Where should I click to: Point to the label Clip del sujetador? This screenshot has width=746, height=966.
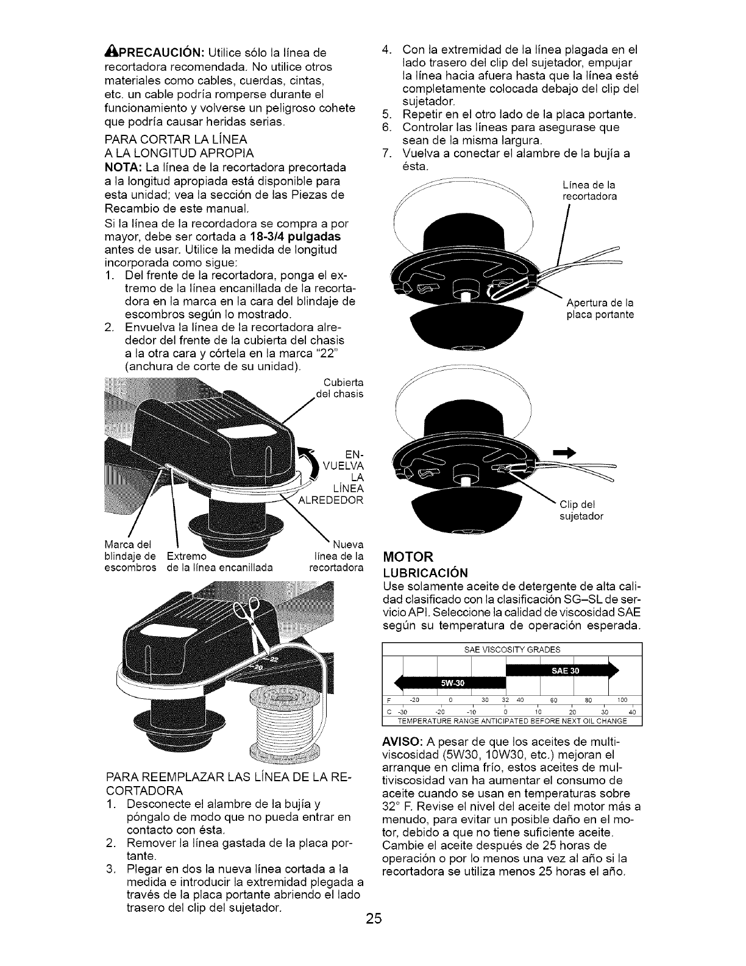click(x=581, y=510)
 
